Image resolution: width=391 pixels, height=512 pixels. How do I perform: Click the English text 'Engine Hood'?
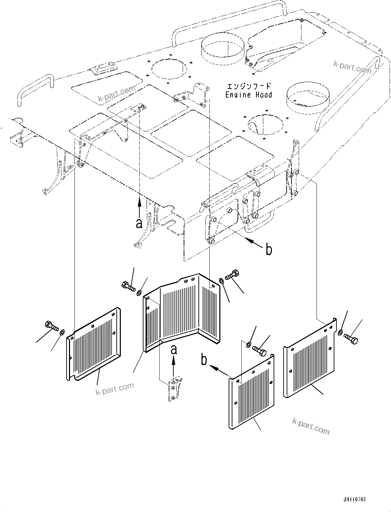249,95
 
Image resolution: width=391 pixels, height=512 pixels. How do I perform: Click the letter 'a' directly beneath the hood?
139,223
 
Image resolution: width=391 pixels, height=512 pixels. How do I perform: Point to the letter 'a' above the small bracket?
174,350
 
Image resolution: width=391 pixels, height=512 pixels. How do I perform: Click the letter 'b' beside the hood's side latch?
269,250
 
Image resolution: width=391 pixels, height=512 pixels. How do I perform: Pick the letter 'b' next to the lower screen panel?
204,361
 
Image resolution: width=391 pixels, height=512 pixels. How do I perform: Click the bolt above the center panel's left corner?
128,286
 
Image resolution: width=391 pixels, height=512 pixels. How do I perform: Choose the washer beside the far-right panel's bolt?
340,332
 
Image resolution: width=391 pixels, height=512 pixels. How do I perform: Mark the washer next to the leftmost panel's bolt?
62,332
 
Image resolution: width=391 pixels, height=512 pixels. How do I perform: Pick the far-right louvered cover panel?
310,357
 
